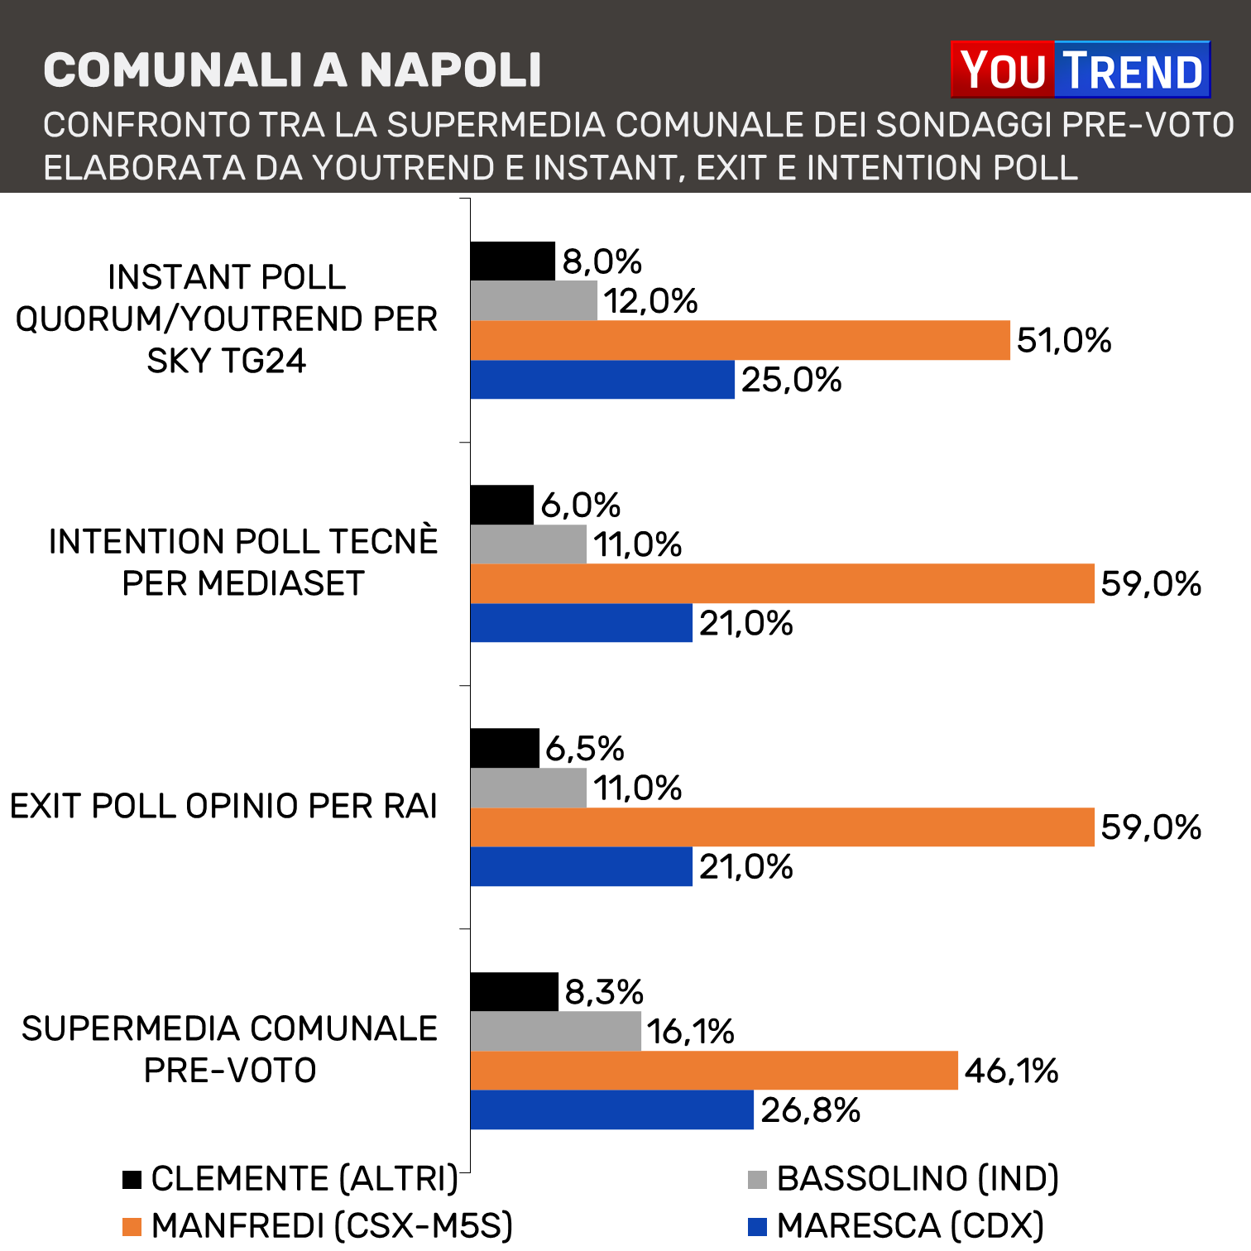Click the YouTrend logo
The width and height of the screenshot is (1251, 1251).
(x=1080, y=70)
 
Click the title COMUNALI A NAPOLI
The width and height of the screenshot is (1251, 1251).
(x=292, y=70)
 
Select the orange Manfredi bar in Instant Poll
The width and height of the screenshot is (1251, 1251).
(x=740, y=340)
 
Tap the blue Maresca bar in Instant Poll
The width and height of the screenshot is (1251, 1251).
(x=602, y=380)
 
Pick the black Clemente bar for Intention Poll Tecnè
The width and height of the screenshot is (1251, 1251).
(x=501, y=505)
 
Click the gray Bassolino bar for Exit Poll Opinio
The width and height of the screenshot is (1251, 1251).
(x=528, y=788)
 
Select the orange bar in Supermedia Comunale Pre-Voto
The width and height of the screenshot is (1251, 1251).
(x=713, y=1071)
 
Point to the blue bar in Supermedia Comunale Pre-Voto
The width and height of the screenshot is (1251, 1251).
(x=611, y=1110)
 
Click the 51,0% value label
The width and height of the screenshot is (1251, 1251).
(x=1064, y=340)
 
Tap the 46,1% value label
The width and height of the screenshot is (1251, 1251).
(x=1011, y=1071)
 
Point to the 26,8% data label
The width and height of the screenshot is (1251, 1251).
(x=810, y=1110)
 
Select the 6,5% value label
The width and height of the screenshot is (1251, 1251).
(x=584, y=749)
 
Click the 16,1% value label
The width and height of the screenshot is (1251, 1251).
(x=690, y=1032)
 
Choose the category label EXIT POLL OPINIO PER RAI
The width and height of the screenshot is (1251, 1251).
(x=223, y=806)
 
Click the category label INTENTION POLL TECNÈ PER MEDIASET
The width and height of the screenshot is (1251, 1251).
(x=242, y=563)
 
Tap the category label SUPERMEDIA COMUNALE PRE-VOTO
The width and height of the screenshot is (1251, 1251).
(x=229, y=1049)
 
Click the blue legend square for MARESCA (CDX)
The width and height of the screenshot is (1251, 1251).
(x=757, y=1226)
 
